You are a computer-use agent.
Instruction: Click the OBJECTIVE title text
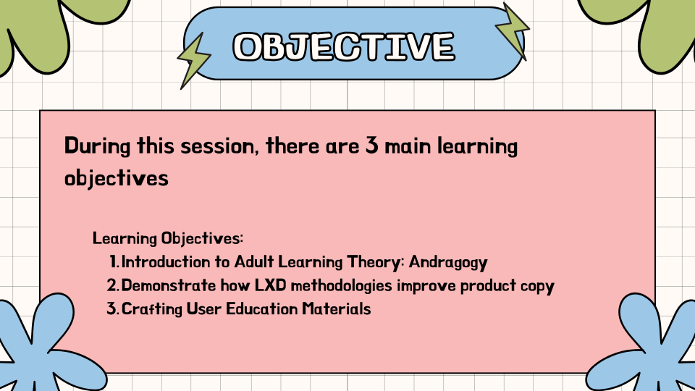pyautogui.click(x=344, y=46)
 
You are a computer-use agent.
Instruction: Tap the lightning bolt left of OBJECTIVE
pyautogui.click(x=193, y=59)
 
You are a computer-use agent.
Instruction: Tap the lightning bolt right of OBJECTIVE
pyautogui.click(x=512, y=31)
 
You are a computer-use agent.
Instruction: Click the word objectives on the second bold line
pyautogui.click(x=116, y=178)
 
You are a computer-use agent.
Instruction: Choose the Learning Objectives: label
pyautogui.click(x=168, y=238)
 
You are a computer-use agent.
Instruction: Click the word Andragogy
pyautogui.click(x=451, y=261)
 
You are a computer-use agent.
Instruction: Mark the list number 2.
pyautogui.click(x=112, y=285)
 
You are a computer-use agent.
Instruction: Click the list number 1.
pyautogui.click(x=114, y=261)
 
